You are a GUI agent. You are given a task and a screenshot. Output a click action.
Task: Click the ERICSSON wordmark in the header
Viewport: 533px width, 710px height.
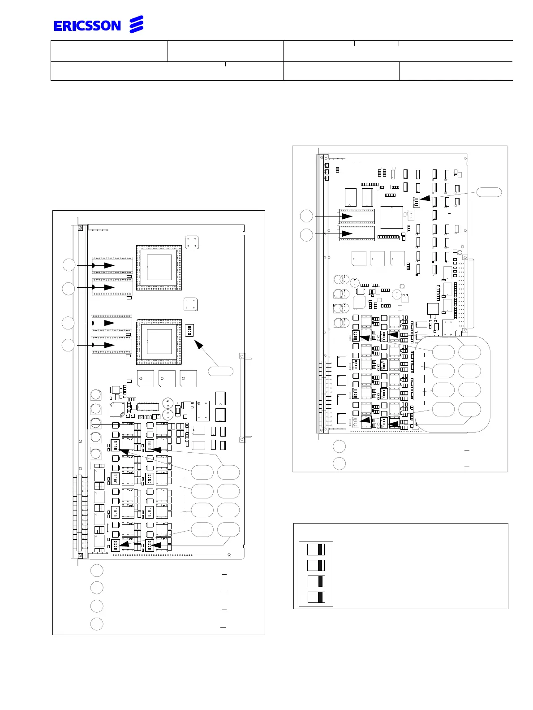87,26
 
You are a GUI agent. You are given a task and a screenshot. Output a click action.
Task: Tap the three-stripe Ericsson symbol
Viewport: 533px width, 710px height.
136,25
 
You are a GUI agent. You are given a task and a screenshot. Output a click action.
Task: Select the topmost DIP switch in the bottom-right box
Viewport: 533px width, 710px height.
316,550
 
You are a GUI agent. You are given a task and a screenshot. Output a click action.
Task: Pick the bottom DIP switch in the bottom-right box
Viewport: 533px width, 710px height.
316,597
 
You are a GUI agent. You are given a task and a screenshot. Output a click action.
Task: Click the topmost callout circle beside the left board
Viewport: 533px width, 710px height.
69,265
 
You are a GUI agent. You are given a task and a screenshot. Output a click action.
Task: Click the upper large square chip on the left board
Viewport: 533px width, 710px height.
159,268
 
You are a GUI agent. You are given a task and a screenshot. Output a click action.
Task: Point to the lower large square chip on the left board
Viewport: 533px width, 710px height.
159,342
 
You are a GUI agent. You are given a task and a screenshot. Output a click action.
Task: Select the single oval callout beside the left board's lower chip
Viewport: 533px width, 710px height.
221,371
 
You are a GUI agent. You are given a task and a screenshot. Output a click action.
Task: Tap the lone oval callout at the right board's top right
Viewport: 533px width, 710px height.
489,192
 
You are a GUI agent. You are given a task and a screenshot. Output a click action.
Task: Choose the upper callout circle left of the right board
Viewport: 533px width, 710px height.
306,216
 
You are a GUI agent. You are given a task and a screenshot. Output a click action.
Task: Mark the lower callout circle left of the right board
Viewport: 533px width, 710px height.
306,235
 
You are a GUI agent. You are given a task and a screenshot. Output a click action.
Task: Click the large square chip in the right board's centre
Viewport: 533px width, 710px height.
391,217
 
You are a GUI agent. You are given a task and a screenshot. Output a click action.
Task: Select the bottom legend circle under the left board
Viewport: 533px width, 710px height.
97,623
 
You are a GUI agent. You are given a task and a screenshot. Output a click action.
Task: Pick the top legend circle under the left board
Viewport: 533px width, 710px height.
97,570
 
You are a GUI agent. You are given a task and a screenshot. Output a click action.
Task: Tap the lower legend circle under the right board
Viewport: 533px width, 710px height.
340,463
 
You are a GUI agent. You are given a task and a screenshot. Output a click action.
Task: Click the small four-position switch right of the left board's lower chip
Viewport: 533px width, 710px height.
189,331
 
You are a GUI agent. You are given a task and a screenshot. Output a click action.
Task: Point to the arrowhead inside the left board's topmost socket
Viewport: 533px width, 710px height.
109,265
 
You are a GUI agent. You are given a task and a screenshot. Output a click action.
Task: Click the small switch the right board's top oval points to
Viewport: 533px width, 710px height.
416,202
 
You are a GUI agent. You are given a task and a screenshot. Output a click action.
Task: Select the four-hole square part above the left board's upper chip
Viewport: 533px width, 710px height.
192,242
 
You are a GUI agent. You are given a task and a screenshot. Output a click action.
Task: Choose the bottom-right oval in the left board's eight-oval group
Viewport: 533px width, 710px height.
228,529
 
